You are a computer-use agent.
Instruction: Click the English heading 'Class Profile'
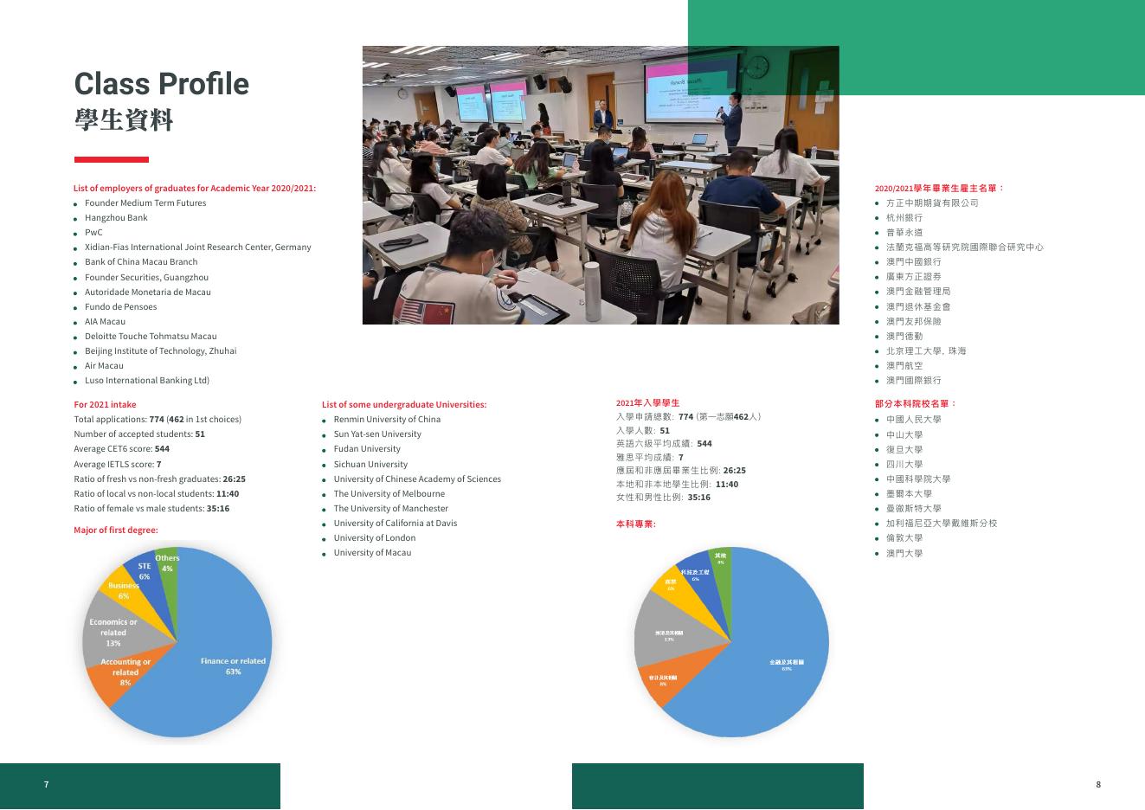[x=161, y=84]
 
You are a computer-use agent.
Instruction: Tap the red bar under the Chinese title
[x=111, y=159]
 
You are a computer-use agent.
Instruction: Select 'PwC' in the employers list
[x=93, y=233]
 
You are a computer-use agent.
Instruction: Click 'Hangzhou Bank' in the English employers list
[x=116, y=218]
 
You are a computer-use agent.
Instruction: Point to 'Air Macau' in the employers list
[x=104, y=366]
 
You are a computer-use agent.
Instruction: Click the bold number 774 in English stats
[x=157, y=420]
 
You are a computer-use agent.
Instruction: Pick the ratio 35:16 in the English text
[x=218, y=509]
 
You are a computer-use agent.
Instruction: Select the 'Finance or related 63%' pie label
[x=233, y=666]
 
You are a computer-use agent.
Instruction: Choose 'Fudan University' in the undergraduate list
[x=367, y=449]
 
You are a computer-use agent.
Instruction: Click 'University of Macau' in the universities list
[x=372, y=553]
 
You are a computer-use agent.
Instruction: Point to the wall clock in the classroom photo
[x=756, y=67]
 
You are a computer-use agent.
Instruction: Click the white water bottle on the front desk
[x=592, y=280]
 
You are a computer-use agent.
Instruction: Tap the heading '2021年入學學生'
[x=647, y=403]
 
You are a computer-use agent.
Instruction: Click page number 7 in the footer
[x=47, y=785]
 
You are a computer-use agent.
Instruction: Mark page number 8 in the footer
[x=1098, y=785]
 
